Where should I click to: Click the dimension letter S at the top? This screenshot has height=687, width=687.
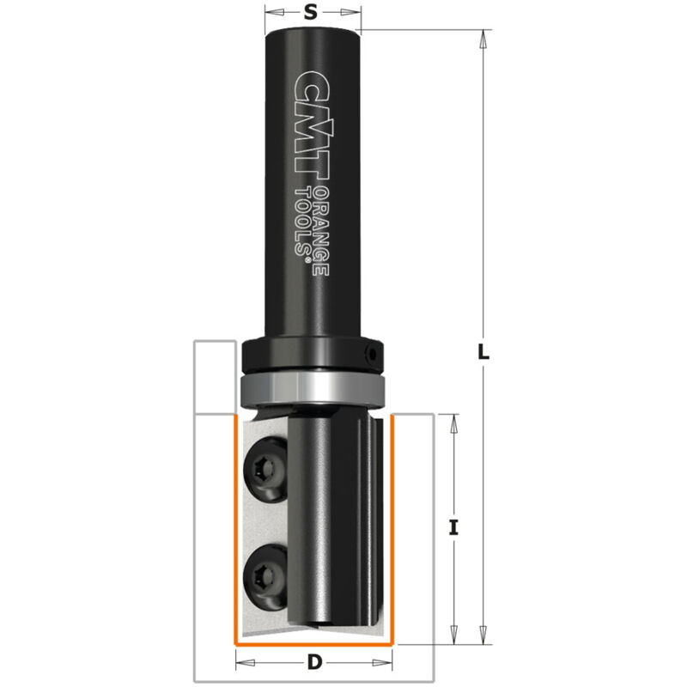pyautogui.click(x=312, y=12)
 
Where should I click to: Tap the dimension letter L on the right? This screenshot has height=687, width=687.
pyautogui.click(x=483, y=351)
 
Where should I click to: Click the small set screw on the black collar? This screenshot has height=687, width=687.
pyautogui.click(x=373, y=351)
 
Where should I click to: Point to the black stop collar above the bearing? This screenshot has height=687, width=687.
pyautogui.click(x=313, y=355)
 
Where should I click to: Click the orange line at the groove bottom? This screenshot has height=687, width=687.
pyautogui.click(x=313, y=642)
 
